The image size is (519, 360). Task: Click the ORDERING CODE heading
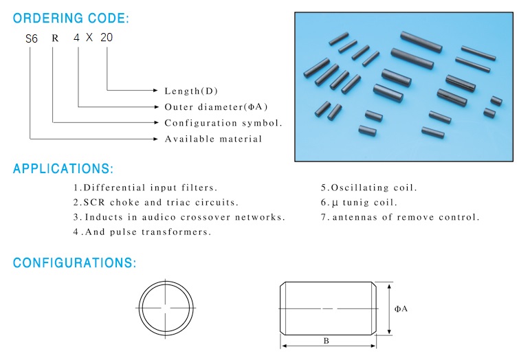pos(71,18)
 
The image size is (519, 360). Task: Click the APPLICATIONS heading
pos(63,168)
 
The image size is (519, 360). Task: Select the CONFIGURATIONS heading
pos(74,262)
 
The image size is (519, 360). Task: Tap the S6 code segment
pos(32,38)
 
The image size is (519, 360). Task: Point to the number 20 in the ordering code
pos(107,37)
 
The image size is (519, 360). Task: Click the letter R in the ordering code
pos(55,38)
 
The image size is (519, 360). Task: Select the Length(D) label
pos(191,91)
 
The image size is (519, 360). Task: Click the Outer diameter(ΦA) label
pos(216,107)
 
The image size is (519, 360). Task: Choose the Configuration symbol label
pos(223,123)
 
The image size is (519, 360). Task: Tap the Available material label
pos(213,139)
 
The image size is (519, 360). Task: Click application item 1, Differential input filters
pos(145,188)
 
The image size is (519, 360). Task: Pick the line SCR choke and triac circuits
pos(155,202)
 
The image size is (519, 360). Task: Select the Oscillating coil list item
pos(368,188)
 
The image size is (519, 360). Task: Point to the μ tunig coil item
pos(359,202)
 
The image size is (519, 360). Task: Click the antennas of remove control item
pos(400,217)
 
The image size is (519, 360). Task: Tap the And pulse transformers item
pos(142,232)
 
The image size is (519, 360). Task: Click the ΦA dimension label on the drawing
pos(401,308)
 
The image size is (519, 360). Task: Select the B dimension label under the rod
pos(326,341)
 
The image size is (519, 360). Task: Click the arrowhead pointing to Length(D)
pos(156,90)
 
